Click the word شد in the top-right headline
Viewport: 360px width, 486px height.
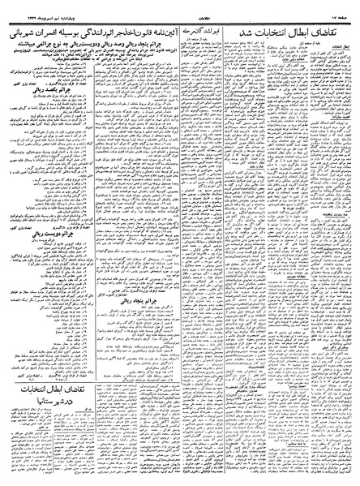pos(243,21)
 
